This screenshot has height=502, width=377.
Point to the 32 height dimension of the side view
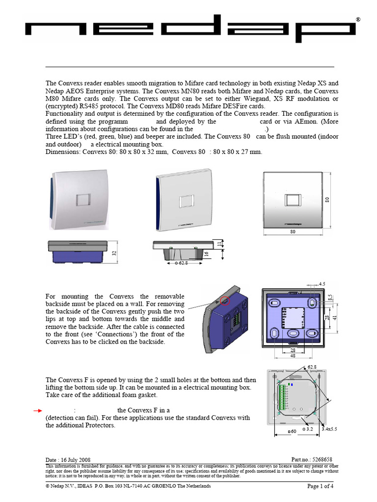click(114, 253)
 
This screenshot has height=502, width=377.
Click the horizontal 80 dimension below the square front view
click(293, 231)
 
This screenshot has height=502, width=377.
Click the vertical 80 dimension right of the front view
click(326, 200)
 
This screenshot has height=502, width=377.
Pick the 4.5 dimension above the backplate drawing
click(322, 284)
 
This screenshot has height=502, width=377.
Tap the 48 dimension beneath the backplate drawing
click(293, 356)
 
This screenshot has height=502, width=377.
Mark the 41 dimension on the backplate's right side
click(335, 317)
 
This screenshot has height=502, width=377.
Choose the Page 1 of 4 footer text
click(320, 486)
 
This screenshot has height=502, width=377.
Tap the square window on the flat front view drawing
click(293, 201)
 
